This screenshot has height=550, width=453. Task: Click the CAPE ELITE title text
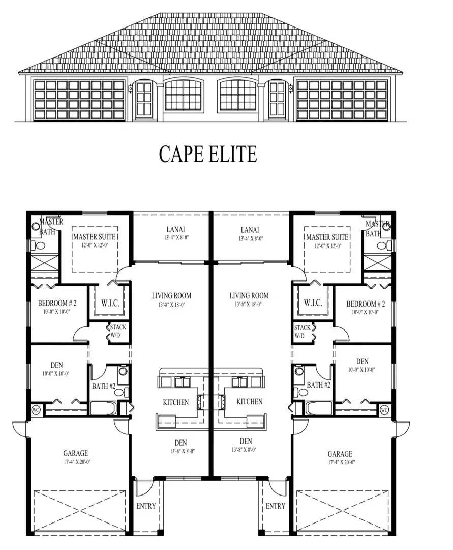(208, 154)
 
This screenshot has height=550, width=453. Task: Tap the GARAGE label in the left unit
(75, 453)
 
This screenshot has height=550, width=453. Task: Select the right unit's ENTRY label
(276, 506)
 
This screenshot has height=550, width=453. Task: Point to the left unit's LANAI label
(171, 230)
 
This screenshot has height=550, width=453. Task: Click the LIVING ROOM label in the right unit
(249, 296)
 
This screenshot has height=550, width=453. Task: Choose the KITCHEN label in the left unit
(176, 402)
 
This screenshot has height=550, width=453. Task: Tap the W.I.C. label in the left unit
(110, 302)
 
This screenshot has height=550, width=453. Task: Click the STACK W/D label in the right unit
(302, 332)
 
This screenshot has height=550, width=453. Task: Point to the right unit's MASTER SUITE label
(327, 237)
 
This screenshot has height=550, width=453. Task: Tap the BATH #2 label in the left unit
(104, 386)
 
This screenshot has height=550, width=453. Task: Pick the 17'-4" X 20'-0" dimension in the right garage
(339, 462)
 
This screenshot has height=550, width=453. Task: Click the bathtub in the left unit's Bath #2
(103, 408)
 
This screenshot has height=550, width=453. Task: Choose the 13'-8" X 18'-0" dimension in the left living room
(171, 305)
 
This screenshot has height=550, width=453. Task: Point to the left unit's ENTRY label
(146, 506)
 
